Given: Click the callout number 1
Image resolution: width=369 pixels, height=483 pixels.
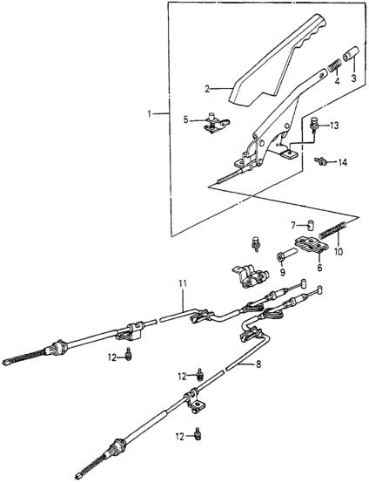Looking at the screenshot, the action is pyautogui.click(x=150, y=114).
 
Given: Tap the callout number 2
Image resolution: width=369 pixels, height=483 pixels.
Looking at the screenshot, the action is pyautogui.click(x=207, y=89).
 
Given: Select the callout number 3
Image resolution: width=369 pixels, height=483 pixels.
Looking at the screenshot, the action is pyautogui.click(x=353, y=78).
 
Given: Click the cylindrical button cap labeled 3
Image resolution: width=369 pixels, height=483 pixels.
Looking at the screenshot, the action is pyautogui.click(x=351, y=53).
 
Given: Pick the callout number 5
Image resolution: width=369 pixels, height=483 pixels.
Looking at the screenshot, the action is pyautogui.click(x=185, y=119).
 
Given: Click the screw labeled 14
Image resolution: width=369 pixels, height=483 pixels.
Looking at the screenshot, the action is pyautogui.click(x=319, y=160).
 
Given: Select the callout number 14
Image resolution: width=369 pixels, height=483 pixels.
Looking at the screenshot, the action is pyautogui.click(x=342, y=162).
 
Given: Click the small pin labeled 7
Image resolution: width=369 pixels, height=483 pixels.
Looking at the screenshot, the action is pyautogui.click(x=311, y=228).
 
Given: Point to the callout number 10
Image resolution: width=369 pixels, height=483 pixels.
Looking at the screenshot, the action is pyautogui.click(x=339, y=252).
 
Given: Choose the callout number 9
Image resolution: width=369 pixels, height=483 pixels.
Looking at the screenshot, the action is pyautogui.click(x=282, y=272).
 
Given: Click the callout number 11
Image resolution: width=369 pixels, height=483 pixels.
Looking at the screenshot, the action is pyautogui.click(x=183, y=283).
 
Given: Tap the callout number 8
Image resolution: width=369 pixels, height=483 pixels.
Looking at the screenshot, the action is pyautogui.click(x=258, y=364).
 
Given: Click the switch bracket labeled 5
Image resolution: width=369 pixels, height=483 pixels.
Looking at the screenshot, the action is pyautogui.click(x=215, y=123).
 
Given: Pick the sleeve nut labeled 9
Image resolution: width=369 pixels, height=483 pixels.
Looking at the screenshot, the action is pyautogui.click(x=286, y=255).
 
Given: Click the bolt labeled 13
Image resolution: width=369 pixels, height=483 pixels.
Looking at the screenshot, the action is pyautogui.click(x=314, y=125).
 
